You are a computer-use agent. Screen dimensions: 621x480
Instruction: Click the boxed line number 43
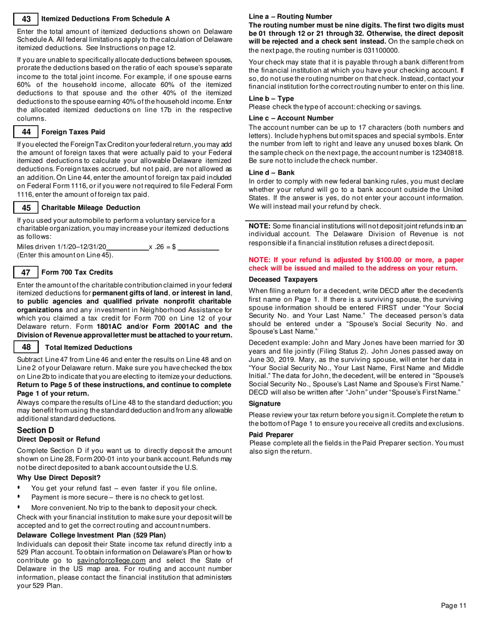27,19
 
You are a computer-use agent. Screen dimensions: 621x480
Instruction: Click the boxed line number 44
27,132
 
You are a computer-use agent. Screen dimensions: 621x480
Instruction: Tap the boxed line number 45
27,208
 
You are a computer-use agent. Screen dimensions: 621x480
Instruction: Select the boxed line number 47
27,272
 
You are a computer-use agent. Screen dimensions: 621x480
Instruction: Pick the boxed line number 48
27,347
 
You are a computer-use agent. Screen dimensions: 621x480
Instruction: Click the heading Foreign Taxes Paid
73,132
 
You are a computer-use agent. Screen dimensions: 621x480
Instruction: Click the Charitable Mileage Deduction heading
90,208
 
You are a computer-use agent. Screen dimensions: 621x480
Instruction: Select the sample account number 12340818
446,152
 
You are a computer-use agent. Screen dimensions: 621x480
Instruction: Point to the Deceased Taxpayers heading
283,279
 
